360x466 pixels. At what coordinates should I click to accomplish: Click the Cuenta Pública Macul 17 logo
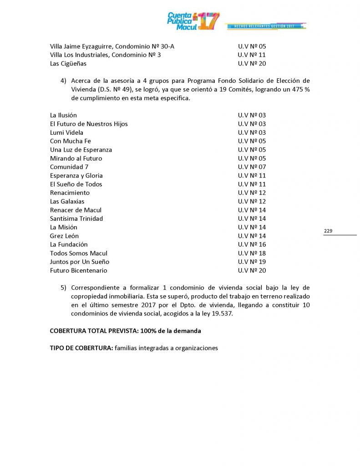(x=193, y=21)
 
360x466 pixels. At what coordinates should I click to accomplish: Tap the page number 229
(x=328, y=231)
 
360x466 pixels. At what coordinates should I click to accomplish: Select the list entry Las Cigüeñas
(x=68, y=64)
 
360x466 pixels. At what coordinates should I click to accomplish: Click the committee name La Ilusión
(x=63, y=116)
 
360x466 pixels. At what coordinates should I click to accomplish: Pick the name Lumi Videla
(x=66, y=133)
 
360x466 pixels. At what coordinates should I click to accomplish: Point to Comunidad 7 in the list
(x=69, y=167)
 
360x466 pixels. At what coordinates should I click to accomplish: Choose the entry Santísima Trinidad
(x=76, y=219)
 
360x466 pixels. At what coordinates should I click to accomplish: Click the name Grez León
(x=64, y=236)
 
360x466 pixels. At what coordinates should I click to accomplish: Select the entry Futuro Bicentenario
(x=78, y=271)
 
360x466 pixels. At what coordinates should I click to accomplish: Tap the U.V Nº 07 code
(x=252, y=167)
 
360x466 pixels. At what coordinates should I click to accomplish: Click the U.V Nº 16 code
(x=252, y=245)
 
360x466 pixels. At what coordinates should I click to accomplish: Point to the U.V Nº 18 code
(x=252, y=253)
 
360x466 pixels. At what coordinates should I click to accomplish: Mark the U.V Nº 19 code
(x=252, y=262)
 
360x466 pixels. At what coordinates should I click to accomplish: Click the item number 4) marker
(x=63, y=81)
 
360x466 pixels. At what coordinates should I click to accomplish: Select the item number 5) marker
(x=63, y=288)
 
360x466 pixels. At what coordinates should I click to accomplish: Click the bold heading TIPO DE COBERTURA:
(x=81, y=349)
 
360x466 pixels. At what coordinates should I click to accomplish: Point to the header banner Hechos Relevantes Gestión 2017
(x=264, y=27)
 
